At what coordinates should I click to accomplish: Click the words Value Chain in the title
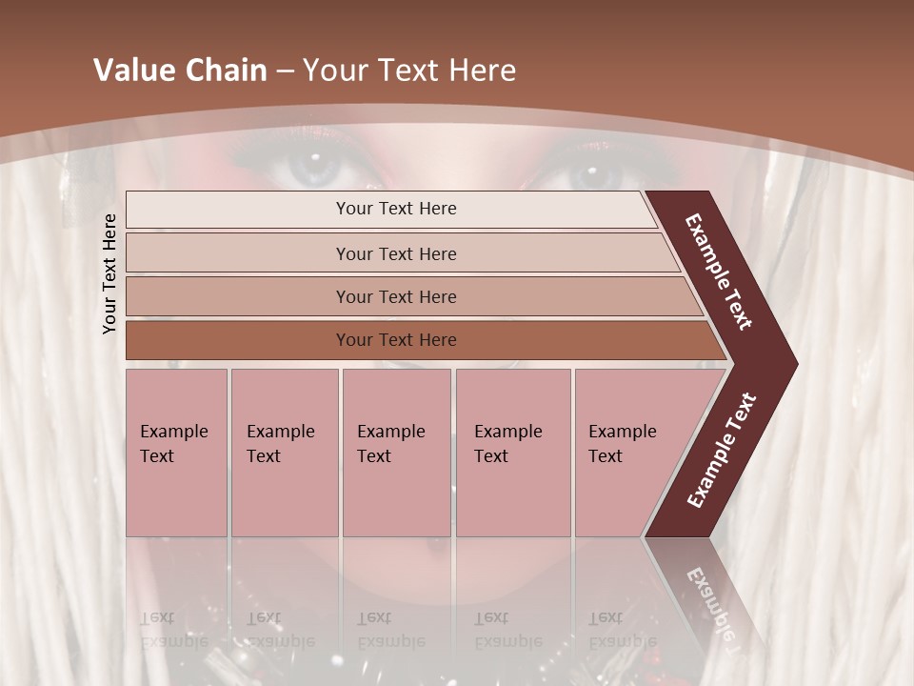180,71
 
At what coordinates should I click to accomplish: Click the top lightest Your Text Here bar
395,209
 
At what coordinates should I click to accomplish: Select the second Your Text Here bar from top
395,253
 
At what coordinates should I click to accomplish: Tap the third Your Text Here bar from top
395,296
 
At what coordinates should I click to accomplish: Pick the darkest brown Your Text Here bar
395,340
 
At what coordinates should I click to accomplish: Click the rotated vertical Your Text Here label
109,273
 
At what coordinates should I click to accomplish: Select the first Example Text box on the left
176,453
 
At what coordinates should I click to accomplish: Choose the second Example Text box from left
285,453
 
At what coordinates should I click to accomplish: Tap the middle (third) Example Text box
396,453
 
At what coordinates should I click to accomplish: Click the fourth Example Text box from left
513,453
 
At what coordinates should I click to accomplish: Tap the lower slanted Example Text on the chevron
722,450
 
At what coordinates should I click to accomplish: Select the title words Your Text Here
408,71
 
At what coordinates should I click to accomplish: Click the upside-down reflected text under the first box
174,629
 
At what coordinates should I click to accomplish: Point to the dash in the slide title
284,71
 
